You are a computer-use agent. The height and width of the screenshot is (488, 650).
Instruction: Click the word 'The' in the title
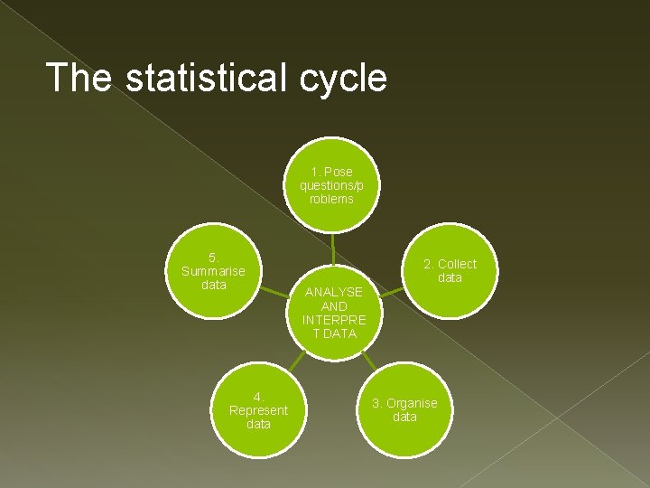click(x=79, y=78)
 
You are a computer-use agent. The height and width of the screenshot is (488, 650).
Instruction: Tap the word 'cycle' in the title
click(x=348, y=80)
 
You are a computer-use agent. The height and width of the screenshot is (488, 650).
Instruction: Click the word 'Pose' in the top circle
click(x=339, y=172)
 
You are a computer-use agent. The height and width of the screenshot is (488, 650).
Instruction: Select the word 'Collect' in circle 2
click(x=457, y=264)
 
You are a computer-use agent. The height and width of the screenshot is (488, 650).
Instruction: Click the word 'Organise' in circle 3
click(x=412, y=403)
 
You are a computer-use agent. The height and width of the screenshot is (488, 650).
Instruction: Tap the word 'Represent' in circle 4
click(x=258, y=410)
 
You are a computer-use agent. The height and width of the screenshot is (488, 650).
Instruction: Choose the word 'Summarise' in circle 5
click(x=213, y=271)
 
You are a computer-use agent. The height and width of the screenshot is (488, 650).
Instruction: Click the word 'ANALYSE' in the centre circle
click(x=334, y=292)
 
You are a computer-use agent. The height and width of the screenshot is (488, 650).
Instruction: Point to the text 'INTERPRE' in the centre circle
click(x=334, y=320)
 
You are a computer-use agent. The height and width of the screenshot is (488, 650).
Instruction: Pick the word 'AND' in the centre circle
click(x=334, y=306)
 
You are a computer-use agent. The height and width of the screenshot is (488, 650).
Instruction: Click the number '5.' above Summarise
click(x=213, y=258)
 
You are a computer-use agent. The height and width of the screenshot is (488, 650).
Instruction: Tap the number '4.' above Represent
click(x=258, y=397)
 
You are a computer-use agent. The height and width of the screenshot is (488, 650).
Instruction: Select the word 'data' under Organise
click(x=404, y=417)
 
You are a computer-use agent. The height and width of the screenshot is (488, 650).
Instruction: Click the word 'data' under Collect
click(x=450, y=277)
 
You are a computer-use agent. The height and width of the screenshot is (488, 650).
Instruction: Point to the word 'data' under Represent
click(x=258, y=424)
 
